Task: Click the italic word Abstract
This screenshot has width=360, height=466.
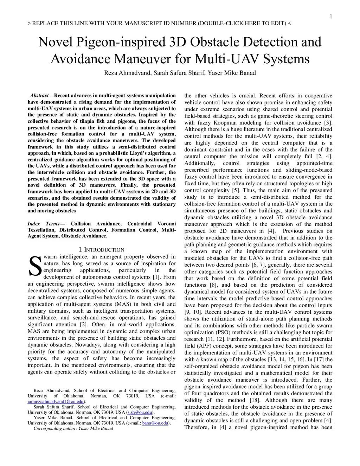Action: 39,96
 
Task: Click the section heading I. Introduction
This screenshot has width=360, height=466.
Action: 102,250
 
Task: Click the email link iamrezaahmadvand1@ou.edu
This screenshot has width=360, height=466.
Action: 56,402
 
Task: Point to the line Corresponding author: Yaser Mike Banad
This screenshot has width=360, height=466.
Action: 73,429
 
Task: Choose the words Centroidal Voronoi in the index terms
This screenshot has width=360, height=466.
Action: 151,224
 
